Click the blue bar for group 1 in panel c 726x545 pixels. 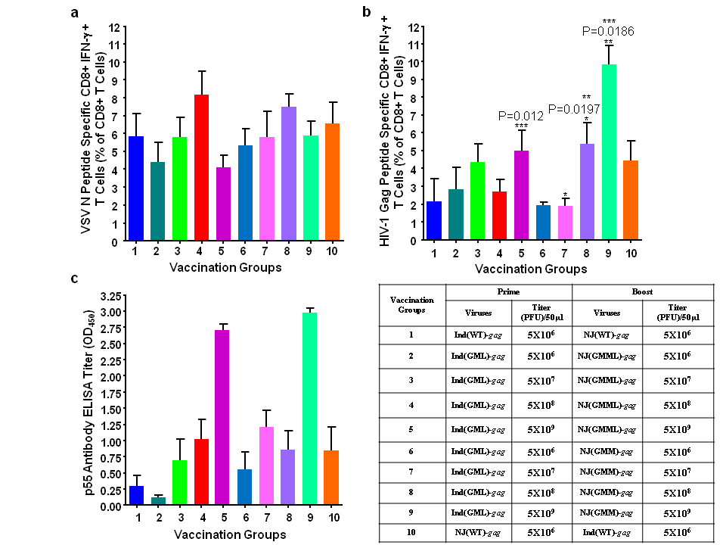pyautogui.click(x=136, y=496)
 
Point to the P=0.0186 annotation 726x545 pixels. pyautogui.click(x=608, y=31)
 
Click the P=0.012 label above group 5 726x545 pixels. pyautogui.click(x=521, y=115)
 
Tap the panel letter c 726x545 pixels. pyautogui.click(x=74, y=279)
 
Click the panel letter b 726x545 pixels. pyautogui.click(x=366, y=11)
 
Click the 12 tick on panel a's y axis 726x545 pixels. pyautogui.click(x=113, y=27)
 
